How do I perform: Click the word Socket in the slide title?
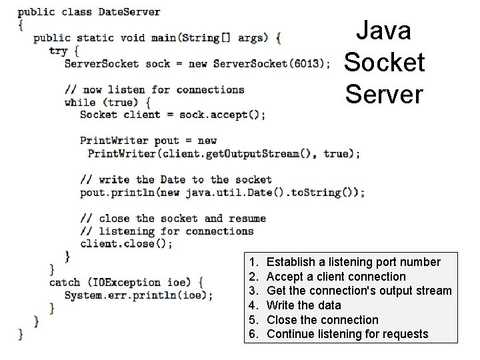click(x=384, y=62)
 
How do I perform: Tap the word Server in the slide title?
click(x=384, y=94)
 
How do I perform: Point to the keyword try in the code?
click(x=58, y=51)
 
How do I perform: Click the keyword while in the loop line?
click(x=80, y=102)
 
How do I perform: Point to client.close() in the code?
click(x=126, y=244)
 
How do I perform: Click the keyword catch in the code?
click(x=65, y=282)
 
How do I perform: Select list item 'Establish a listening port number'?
click(x=353, y=262)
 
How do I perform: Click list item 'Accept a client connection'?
click(x=336, y=277)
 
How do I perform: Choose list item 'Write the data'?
click(x=303, y=305)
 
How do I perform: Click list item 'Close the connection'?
click(x=322, y=319)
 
